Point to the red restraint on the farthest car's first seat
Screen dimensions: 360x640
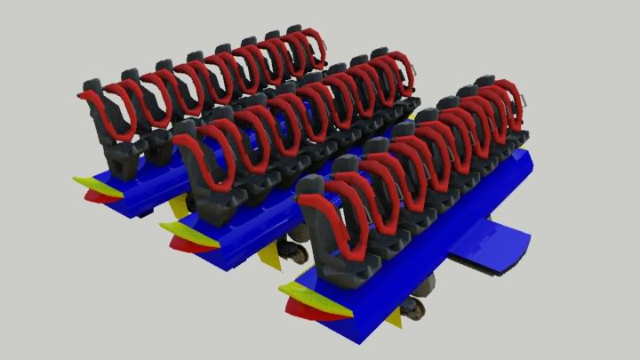[x=116, y=114]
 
